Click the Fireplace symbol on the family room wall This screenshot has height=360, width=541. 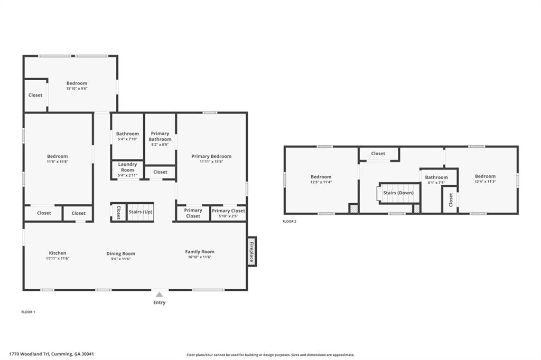(252, 251)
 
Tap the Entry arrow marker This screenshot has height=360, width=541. (159, 295)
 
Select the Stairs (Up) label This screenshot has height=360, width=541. (141, 212)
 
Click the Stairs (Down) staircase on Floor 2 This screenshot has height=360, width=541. (398, 193)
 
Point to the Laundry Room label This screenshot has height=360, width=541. (127, 167)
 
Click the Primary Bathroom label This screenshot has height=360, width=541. (160, 136)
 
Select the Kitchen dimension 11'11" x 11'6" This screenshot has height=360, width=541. (58, 258)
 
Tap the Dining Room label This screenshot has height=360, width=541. (121, 253)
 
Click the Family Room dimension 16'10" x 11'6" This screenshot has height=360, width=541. (200, 257)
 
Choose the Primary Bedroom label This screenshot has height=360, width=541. (211, 156)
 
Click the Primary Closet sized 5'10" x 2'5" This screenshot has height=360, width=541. (228, 213)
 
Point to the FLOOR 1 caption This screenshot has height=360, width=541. (28, 312)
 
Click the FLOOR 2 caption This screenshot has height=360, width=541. (290, 221)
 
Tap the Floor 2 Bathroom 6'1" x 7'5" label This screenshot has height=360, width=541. (436, 179)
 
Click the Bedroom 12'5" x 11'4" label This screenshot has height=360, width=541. (321, 179)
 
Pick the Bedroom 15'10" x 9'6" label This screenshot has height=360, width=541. (77, 86)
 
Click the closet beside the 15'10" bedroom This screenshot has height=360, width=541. (35, 95)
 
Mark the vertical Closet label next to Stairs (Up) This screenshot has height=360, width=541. (118, 212)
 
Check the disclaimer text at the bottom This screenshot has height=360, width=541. (270, 355)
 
